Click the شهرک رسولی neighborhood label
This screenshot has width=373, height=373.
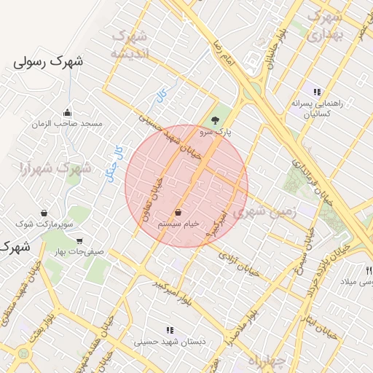tap(48, 62)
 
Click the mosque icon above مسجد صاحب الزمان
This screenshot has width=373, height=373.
tap(68, 112)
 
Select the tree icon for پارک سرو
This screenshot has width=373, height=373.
tap(215, 120)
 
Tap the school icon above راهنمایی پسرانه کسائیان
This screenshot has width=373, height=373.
tap(317, 93)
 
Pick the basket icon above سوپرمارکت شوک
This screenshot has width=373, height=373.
tap(44, 213)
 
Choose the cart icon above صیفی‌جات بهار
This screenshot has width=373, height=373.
tap(79, 241)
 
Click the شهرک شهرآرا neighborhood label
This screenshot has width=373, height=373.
tap(55, 168)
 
